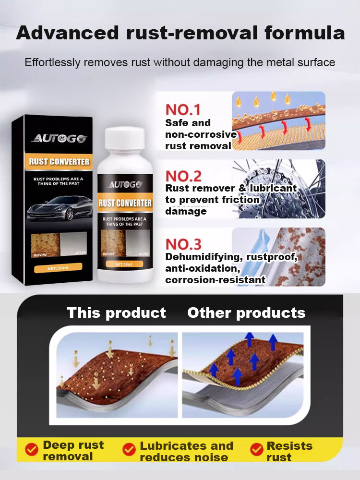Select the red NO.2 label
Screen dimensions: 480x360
pos(183,176)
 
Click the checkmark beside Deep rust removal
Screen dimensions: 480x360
pos(32,450)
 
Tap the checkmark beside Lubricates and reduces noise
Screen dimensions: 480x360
pos(129,450)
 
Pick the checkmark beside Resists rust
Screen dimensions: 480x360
pos(257,450)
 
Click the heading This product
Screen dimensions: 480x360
pos(116,313)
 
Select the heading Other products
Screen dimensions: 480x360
pos(246,313)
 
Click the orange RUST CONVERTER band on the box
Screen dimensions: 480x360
pos(59,161)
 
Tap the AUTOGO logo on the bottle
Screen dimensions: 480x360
pos(125,184)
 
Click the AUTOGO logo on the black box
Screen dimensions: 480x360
pos(59,139)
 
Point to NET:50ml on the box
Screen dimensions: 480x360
pos(59,266)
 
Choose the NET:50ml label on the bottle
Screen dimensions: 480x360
pos(124,264)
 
